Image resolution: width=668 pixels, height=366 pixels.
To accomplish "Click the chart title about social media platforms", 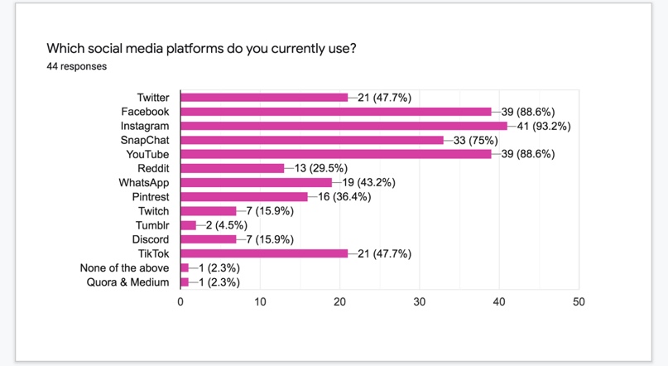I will tap(201, 48).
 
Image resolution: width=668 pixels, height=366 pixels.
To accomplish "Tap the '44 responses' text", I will tap(77, 66).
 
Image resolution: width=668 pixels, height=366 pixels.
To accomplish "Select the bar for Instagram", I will tap(344, 126).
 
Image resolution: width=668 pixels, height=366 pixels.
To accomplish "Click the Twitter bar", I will tap(264, 98).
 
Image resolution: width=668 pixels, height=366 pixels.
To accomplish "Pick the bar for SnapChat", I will tap(312, 140).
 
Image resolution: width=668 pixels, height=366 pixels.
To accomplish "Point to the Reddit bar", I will tap(232, 168).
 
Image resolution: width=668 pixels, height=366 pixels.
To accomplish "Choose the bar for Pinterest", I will tap(244, 197).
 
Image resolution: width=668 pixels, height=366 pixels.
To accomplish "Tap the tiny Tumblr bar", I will tap(188, 225).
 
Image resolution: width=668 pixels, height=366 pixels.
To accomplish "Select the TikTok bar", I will tap(264, 253).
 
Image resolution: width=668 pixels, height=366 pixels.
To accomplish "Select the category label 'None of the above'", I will tap(124, 267).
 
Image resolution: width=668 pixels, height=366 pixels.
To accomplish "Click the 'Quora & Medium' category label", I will tap(127, 282).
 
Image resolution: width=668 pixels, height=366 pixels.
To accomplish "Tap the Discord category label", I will tap(150, 239).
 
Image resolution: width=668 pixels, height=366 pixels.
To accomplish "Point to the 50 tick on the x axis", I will tap(579, 302).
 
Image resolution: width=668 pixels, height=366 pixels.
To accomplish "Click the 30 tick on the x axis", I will tap(420, 302).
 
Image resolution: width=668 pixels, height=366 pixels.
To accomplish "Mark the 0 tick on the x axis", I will tap(180, 302).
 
